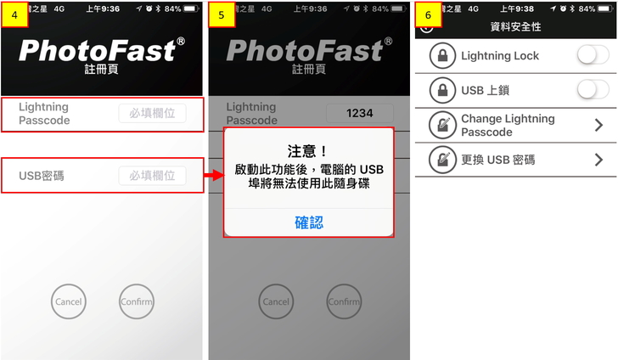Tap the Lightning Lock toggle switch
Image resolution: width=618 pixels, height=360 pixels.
(x=593, y=55)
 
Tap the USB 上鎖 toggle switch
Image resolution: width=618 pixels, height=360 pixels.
(x=593, y=90)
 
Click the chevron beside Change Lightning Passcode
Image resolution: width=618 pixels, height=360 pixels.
(x=598, y=125)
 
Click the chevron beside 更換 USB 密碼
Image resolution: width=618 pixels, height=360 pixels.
(x=598, y=160)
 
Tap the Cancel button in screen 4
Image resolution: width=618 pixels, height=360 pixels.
(x=69, y=301)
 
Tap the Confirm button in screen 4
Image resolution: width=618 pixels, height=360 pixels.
(x=137, y=301)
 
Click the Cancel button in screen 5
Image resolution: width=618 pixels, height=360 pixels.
(x=276, y=301)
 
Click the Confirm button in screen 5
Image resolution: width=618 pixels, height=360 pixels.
(x=344, y=301)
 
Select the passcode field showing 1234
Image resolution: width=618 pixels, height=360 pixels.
(x=359, y=113)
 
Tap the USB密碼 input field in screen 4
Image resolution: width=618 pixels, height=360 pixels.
(x=152, y=176)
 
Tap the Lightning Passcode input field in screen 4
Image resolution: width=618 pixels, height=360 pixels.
(x=152, y=113)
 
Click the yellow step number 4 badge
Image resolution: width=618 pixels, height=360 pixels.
(x=14, y=15)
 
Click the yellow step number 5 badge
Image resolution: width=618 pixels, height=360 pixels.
(x=222, y=15)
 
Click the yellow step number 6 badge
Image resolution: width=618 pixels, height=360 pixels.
(x=429, y=15)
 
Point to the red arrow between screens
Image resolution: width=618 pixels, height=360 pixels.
(x=214, y=175)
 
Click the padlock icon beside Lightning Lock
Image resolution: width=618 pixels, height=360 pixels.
(x=442, y=55)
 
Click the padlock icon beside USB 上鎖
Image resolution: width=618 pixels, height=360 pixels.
(x=442, y=90)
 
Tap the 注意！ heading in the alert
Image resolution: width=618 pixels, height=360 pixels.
(x=308, y=151)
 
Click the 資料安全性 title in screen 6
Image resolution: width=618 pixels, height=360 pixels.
(x=515, y=27)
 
